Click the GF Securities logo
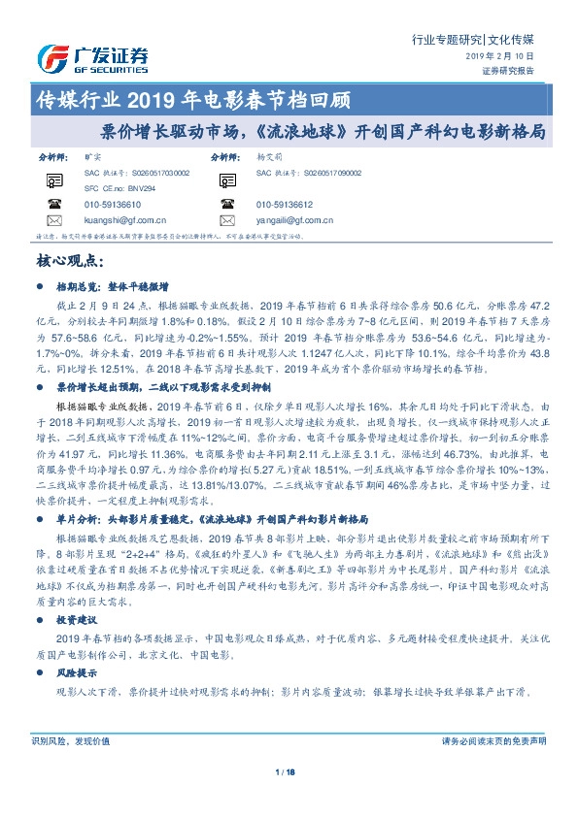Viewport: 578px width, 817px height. [x=92, y=58]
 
